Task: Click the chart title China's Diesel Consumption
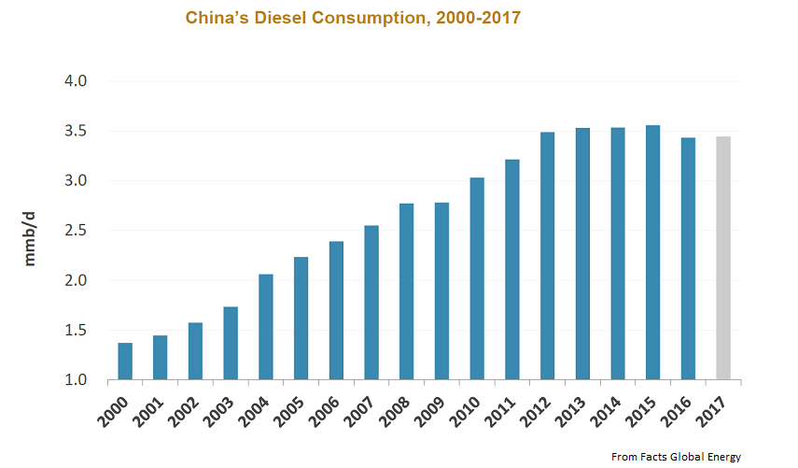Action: coord(352,19)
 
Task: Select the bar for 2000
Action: coord(125,362)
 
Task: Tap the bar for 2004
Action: coord(266,327)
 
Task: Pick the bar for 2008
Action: coord(406,291)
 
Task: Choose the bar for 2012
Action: coord(547,256)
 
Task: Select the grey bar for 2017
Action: coord(723,258)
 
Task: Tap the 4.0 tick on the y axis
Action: coord(76,81)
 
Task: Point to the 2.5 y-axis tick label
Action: coord(76,231)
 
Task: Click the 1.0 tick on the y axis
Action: coord(76,380)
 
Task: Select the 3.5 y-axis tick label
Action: coord(76,131)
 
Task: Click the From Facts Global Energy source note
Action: coord(676,457)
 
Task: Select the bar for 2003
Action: coord(231,343)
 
